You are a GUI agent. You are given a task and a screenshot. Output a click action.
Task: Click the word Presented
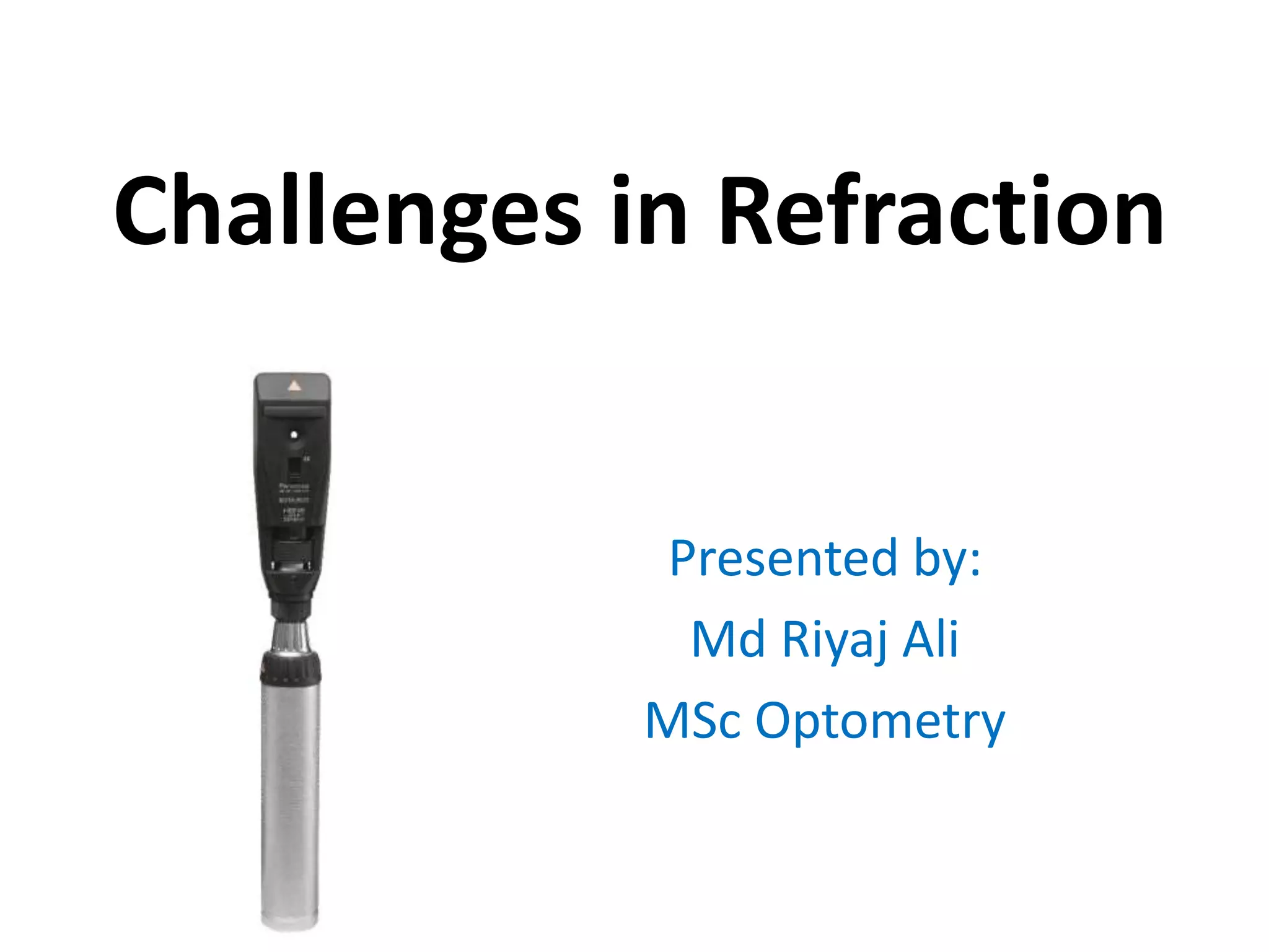(783, 558)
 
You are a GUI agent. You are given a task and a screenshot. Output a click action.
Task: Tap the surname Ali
(930, 639)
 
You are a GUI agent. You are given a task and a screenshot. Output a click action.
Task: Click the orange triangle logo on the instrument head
(294, 386)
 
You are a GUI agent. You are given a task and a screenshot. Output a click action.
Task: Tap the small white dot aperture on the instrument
(294, 434)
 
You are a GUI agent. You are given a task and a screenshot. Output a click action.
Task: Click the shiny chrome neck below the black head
(291, 635)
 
